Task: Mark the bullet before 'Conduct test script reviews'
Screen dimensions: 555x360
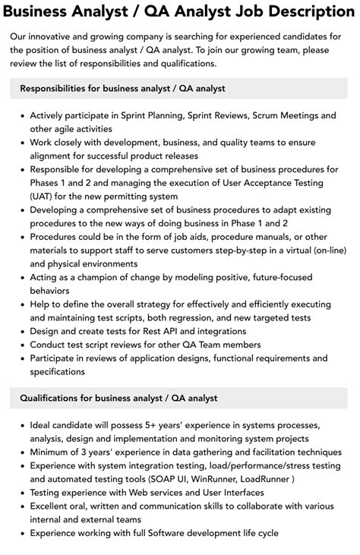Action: click(x=21, y=344)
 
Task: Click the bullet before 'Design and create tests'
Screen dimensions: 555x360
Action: click(x=21, y=330)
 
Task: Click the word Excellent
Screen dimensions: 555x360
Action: click(x=54, y=506)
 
